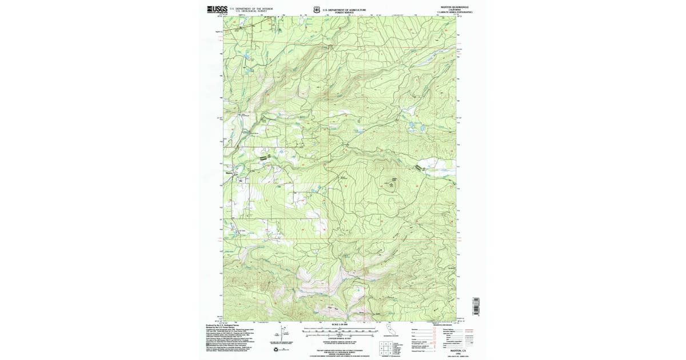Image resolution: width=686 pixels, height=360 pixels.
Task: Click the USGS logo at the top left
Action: (x=217, y=9)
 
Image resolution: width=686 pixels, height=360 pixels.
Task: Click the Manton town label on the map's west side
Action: (x=230, y=173)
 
